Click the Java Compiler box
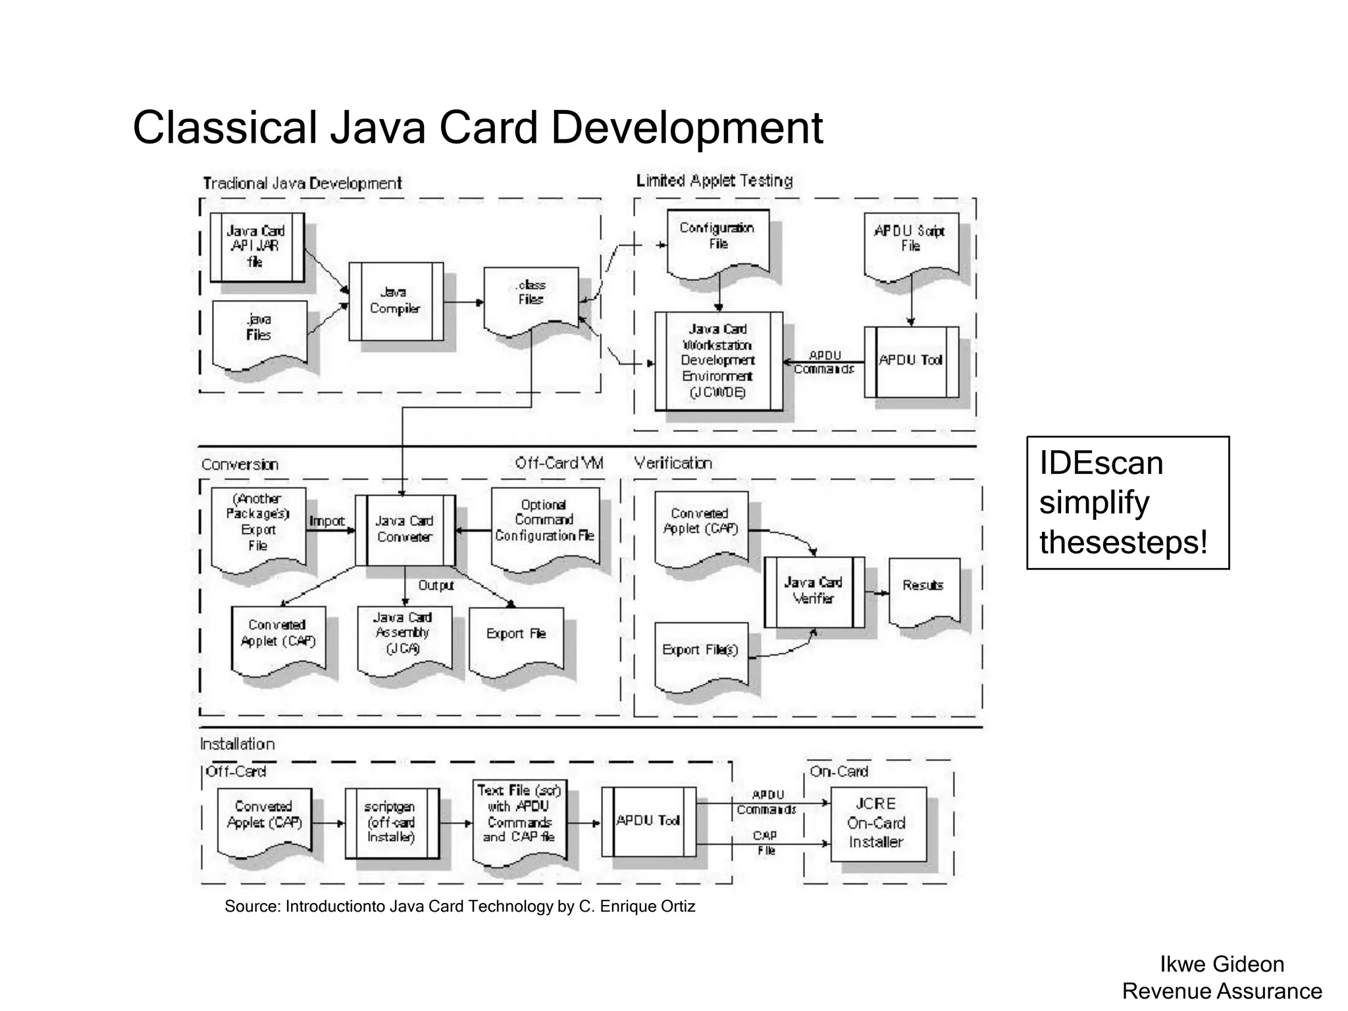396,301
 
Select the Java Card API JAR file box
257,246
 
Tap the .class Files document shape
531,296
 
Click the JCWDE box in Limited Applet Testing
718,361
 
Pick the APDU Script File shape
911,244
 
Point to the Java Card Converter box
404,530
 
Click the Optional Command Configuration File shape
545,524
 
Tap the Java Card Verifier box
814,591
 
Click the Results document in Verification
923,589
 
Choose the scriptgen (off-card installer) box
392,822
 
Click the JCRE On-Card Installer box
877,823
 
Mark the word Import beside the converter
326,521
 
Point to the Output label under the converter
436,585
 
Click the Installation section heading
238,744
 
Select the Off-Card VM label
559,463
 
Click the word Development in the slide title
687,128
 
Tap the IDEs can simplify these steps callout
1127,502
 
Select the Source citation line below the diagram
459,906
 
